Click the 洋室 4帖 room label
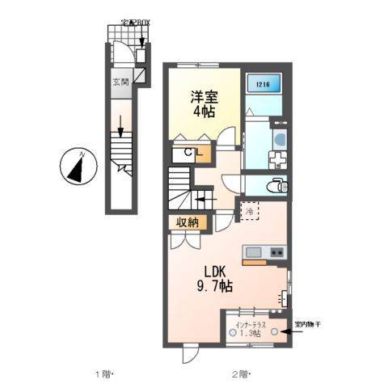click(205, 103)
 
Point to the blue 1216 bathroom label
click(263, 82)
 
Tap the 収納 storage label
click(188, 223)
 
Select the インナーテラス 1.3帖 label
click(254, 330)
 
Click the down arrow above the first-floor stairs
click(120, 126)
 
